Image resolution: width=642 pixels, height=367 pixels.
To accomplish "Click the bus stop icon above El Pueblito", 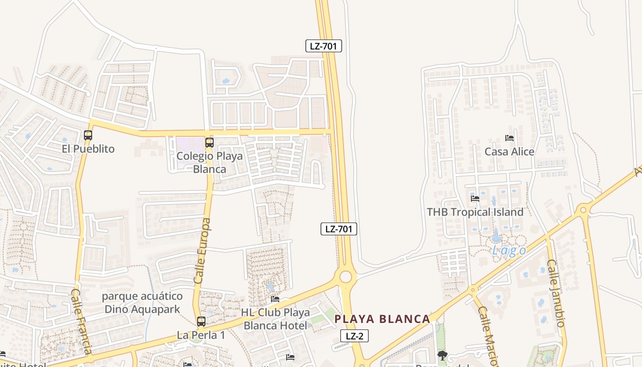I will (x=88, y=135).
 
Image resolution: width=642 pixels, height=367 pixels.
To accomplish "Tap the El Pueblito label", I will (x=88, y=149).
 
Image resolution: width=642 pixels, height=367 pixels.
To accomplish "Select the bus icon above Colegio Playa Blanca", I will (x=210, y=142).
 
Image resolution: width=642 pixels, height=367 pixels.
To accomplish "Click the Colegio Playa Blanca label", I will (x=210, y=162).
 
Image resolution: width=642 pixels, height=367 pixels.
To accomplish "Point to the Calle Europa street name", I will (x=203, y=250).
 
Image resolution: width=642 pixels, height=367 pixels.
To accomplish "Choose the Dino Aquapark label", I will (x=142, y=303).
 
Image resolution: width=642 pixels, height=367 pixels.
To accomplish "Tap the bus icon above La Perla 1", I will (x=201, y=322).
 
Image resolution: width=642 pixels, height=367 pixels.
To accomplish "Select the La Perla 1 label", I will (x=201, y=335).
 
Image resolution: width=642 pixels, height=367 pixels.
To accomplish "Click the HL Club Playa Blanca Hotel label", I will (x=275, y=319).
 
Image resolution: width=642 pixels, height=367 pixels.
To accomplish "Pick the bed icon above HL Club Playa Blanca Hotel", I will (x=275, y=299).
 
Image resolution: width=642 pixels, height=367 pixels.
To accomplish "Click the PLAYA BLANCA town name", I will (x=382, y=319).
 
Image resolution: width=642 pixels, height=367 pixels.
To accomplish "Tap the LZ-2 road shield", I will (x=354, y=336).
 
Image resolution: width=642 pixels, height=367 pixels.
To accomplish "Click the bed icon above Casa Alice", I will (x=509, y=138).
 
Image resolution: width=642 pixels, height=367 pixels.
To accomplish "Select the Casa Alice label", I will (x=509, y=151).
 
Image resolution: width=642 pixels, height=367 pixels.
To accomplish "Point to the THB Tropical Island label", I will (x=475, y=212).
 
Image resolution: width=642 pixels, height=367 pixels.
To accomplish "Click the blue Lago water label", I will (x=509, y=250).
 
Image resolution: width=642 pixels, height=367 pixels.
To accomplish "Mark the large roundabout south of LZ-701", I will (x=346, y=277).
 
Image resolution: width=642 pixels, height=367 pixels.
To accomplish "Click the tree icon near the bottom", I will (x=443, y=355).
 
